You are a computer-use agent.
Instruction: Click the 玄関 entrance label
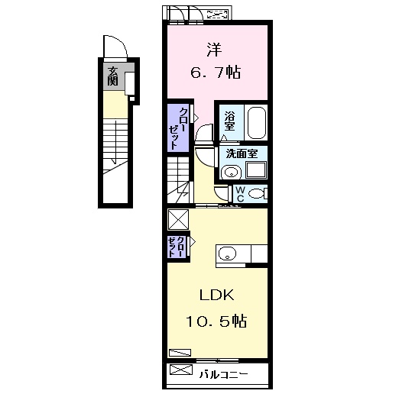tap(112, 76)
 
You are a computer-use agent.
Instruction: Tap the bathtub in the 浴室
tap(257, 123)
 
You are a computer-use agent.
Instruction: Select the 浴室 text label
tap(229, 121)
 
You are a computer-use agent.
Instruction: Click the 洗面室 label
tap(242, 153)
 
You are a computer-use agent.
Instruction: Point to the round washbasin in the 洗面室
tap(231, 173)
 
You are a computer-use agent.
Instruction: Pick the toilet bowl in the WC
tap(256, 194)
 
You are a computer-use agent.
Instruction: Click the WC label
tap(240, 194)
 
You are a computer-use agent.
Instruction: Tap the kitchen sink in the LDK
tap(227, 254)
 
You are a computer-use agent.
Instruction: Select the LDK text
tap(217, 295)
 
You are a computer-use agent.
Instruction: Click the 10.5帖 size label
tap(217, 321)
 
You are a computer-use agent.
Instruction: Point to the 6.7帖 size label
tap(216, 73)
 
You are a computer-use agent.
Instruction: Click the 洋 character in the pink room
tap(214, 50)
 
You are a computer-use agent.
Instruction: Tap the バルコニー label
tap(223, 374)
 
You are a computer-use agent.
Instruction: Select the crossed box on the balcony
tap(181, 370)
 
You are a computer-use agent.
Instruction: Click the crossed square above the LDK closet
tap(178, 219)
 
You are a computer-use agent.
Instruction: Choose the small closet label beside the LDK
tap(176, 247)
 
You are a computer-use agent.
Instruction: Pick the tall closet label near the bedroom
tap(178, 128)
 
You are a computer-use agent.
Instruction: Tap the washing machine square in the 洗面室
tap(256, 170)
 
